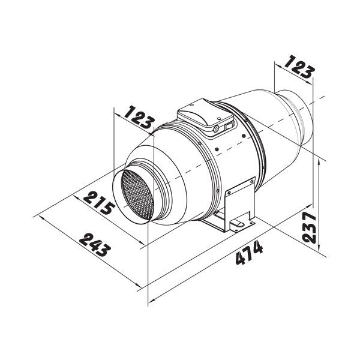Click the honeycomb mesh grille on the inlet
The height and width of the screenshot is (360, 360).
point(138,194)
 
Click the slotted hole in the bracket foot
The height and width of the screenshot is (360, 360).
point(239,224)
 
